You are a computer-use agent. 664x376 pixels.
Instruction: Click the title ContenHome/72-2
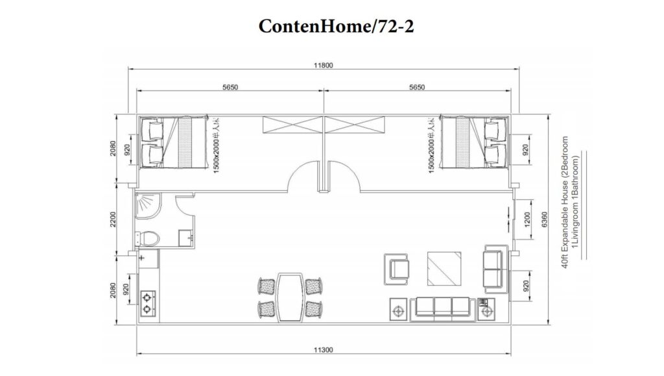coord(332,27)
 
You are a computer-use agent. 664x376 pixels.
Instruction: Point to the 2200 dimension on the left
coord(115,221)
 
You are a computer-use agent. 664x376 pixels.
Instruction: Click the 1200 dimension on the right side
coord(527,220)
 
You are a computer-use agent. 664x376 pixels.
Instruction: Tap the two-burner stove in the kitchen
coord(148,300)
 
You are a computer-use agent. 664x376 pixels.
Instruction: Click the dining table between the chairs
coord(291,295)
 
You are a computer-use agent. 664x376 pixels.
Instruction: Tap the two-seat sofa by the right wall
coord(494,267)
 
